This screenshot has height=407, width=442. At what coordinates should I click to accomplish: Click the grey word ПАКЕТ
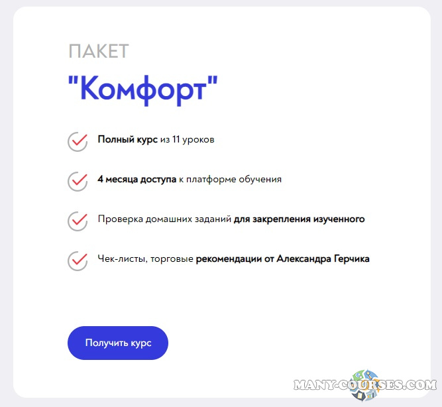[98, 51]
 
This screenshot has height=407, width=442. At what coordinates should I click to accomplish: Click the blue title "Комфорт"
[142, 88]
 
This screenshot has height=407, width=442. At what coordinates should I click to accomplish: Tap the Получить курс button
[118, 343]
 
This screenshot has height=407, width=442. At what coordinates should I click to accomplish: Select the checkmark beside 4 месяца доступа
[78, 180]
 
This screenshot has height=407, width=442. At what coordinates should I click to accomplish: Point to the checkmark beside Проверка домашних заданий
[78, 220]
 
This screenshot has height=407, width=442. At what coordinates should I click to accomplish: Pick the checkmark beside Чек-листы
[78, 260]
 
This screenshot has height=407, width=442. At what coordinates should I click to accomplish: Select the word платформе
[211, 179]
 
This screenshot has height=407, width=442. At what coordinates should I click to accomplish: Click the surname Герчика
[350, 259]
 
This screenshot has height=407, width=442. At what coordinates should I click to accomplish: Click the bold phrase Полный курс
[127, 139]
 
